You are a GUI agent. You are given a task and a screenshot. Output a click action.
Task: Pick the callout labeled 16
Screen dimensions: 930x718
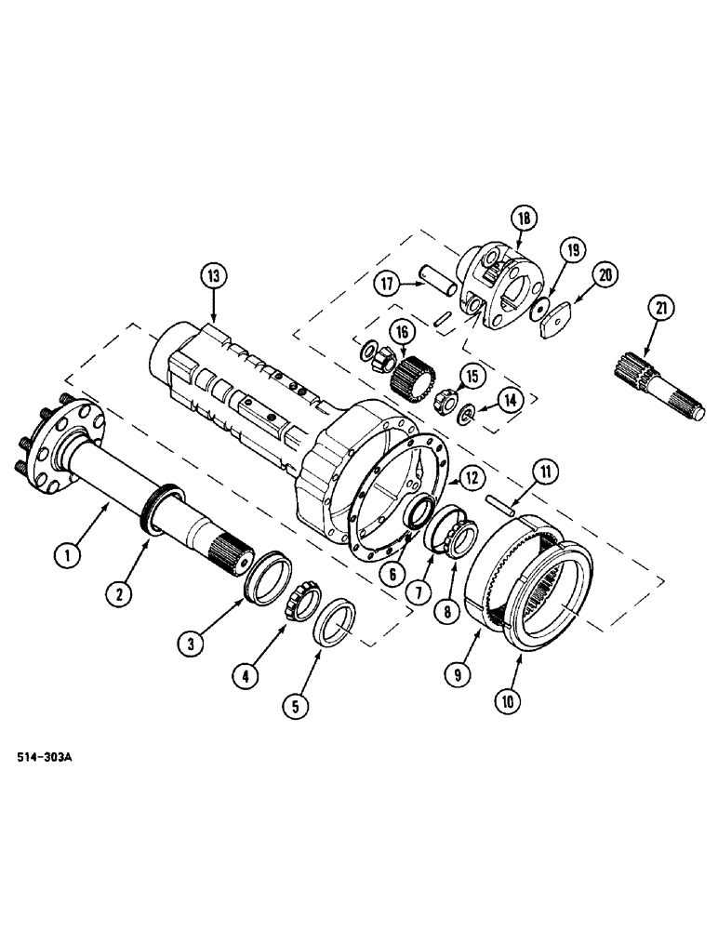(x=403, y=331)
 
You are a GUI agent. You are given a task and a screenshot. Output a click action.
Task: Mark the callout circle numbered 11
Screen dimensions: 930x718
(x=547, y=472)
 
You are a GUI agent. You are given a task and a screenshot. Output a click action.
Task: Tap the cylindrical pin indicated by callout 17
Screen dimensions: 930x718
(x=432, y=276)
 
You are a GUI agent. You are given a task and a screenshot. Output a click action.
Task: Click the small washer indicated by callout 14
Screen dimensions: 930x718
(x=466, y=412)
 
